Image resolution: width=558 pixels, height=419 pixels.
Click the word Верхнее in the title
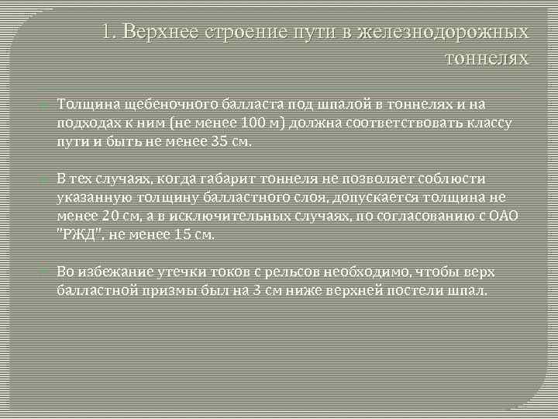[x=161, y=32]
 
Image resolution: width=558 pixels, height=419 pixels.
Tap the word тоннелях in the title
[x=487, y=58]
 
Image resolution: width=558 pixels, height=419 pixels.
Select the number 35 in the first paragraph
[x=220, y=142]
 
